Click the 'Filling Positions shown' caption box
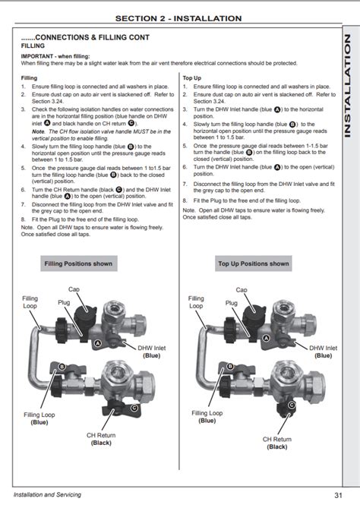pos(78,263)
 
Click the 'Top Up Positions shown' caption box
pos(254,263)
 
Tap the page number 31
pos(337,495)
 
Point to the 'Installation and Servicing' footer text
pos(47,495)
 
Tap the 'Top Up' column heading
pos(192,77)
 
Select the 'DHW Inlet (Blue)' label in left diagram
pos(152,352)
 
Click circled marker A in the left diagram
pos(97,343)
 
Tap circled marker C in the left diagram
pos(134,408)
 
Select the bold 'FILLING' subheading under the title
pos(33,46)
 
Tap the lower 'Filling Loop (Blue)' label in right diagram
pos(207,417)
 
